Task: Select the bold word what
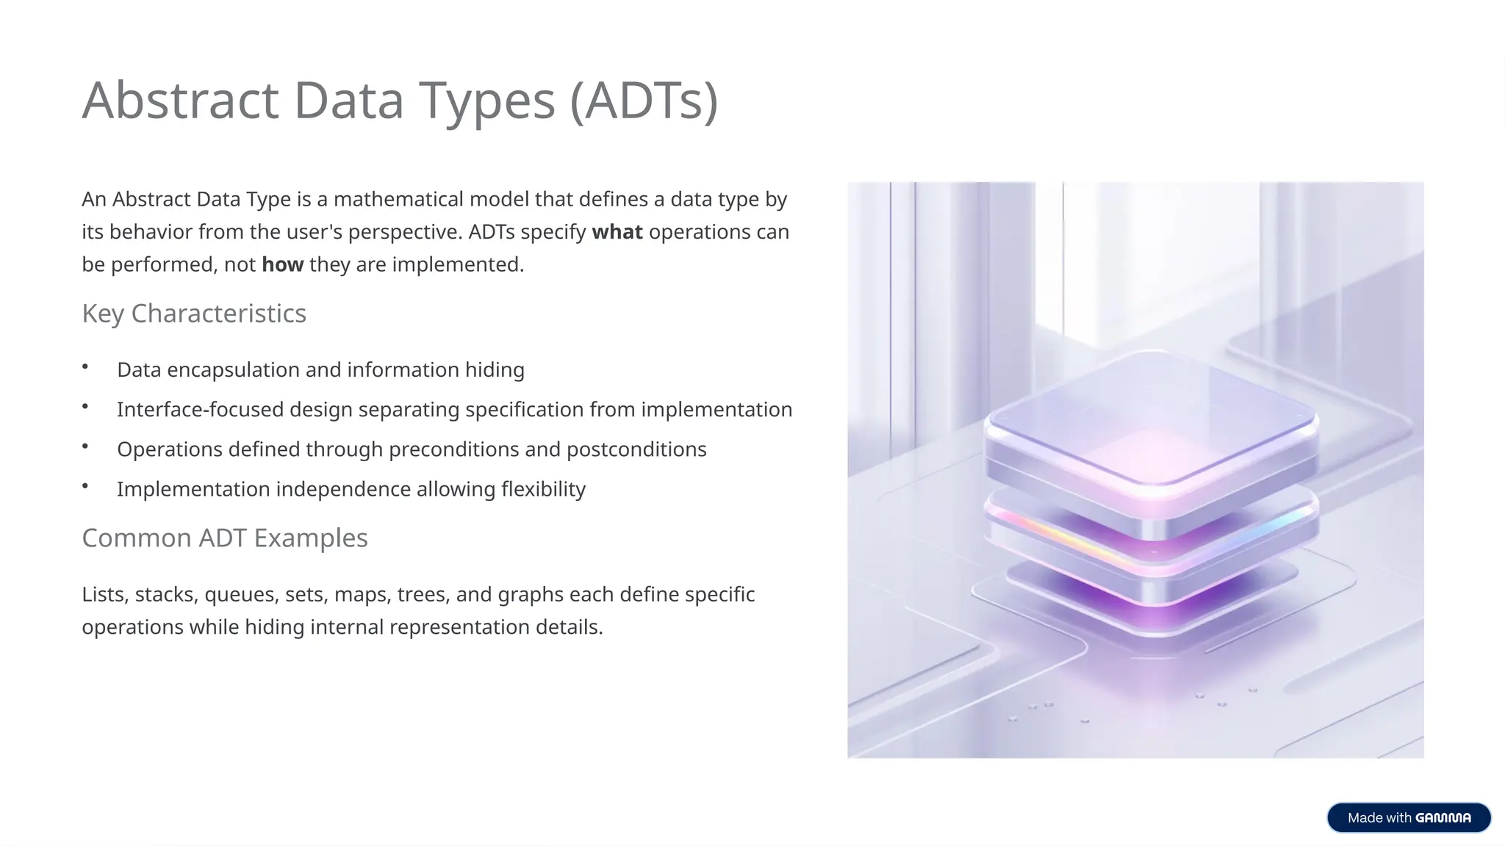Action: tap(617, 232)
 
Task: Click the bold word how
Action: tap(282, 264)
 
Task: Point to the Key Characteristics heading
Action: tap(194, 314)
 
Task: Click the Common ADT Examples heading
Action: tap(224, 538)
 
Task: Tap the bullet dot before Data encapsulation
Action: tap(85, 366)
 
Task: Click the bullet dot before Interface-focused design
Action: tap(85, 406)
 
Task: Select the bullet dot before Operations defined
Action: tap(85, 446)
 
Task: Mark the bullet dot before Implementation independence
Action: tap(85, 485)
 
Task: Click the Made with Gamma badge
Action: tap(1408, 817)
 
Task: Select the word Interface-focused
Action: tap(200, 410)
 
